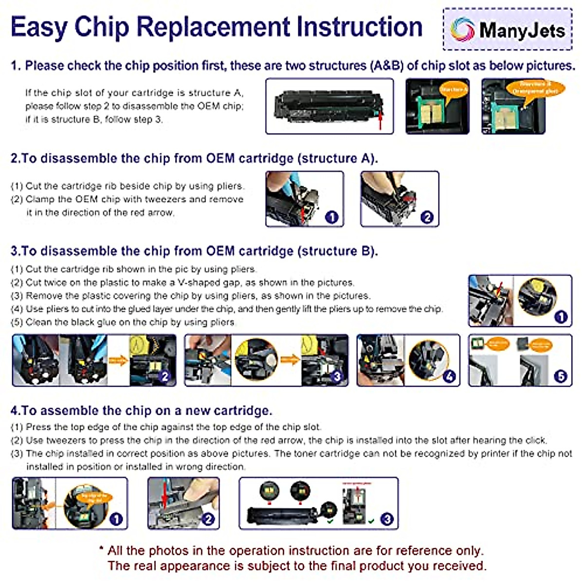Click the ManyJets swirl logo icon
click(x=462, y=29)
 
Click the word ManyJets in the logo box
click(x=522, y=30)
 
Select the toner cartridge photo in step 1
click(x=329, y=106)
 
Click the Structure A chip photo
click(x=438, y=106)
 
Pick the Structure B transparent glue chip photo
click(x=513, y=106)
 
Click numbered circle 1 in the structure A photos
click(x=331, y=217)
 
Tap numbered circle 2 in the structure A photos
click(x=427, y=217)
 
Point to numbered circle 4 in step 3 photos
click(x=449, y=376)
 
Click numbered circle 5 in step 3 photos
click(x=561, y=376)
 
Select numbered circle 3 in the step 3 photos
click(x=337, y=376)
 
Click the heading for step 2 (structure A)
click(x=194, y=159)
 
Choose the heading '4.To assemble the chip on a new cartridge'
click(x=141, y=411)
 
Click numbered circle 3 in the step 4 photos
click(x=387, y=519)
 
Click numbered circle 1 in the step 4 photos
click(x=116, y=519)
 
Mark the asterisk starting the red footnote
click(x=101, y=550)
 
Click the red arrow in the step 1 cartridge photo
click(x=381, y=120)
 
